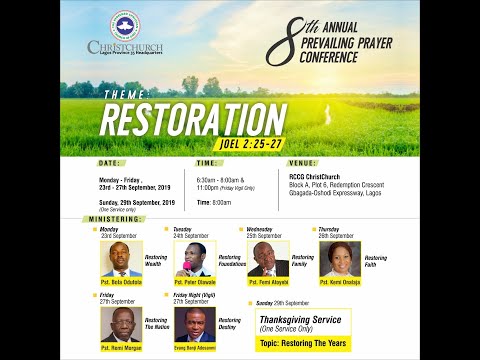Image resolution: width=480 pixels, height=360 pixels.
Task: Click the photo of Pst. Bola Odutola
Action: click(x=121, y=259)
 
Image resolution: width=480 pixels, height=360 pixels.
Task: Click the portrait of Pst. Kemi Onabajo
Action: click(x=339, y=258)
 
